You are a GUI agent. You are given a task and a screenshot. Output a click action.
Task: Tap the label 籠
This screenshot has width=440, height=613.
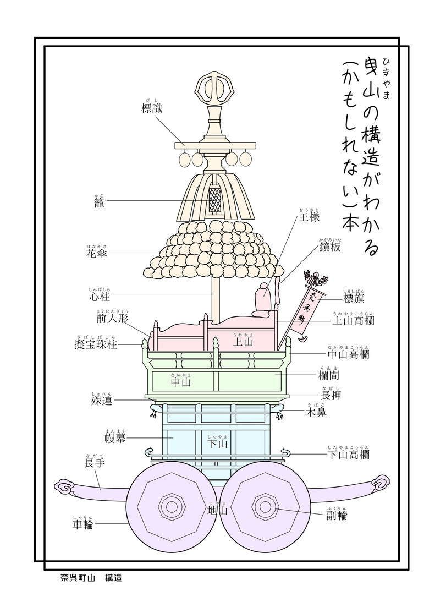click(99, 202)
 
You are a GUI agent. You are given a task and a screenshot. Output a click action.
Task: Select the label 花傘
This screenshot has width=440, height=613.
click(96, 253)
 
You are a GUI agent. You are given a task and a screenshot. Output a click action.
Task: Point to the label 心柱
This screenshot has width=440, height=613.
click(100, 297)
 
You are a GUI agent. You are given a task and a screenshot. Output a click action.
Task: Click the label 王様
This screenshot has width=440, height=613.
click(309, 217)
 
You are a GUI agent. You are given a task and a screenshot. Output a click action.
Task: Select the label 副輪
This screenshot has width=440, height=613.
click(337, 515)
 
